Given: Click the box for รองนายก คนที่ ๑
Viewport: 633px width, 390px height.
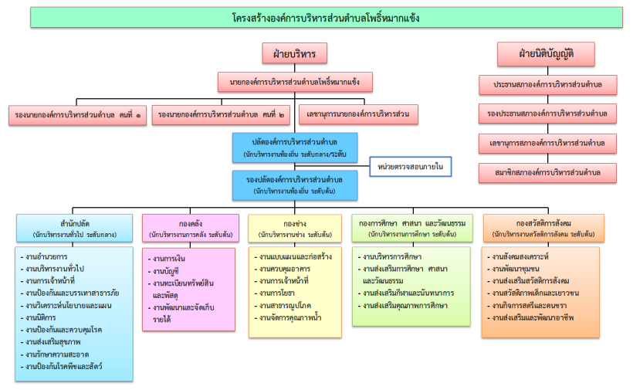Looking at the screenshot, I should [78, 115].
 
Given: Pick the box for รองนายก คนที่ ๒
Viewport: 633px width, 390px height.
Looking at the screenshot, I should [219, 115].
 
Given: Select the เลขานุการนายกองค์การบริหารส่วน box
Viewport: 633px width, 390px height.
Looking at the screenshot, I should [358, 115].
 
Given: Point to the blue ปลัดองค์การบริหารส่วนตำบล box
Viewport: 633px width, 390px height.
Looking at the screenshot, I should [295, 146].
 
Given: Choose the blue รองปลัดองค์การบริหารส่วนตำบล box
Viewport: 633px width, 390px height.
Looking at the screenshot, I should [295, 185].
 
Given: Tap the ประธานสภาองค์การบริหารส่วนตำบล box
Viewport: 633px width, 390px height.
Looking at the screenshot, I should [547, 83].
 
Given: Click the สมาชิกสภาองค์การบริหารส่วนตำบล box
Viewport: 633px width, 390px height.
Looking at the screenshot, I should [547, 172].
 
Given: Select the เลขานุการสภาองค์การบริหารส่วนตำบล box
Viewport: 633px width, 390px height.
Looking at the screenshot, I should [547, 143].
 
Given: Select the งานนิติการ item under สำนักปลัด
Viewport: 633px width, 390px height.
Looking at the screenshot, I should [47, 316].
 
